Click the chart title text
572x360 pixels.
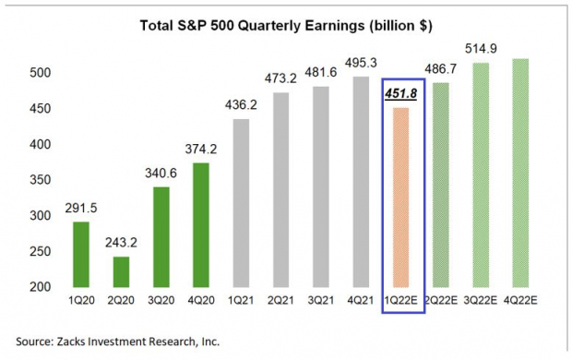click(x=285, y=26)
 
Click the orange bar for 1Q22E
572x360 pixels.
click(x=400, y=198)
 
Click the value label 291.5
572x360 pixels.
click(x=80, y=208)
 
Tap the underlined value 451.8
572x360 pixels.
click(x=400, y=92)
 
